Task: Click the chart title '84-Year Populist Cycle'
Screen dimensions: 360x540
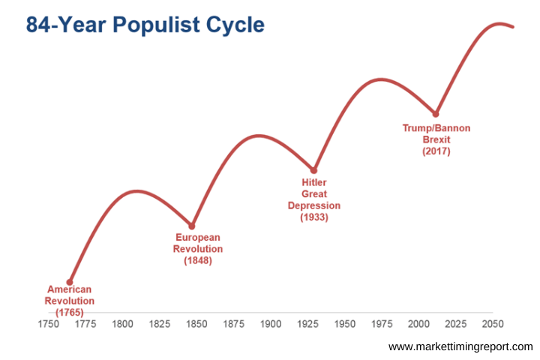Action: point(145,25)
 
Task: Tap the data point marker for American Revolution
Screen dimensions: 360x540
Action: point(70,282)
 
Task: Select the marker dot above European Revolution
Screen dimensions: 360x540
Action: point(192,226)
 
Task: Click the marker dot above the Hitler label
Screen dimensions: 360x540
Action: point(314,170)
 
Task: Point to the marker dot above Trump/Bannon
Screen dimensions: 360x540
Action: point(436,114)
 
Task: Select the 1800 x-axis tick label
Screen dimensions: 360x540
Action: point(122,325)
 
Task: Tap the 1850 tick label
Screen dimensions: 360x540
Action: point(196,325)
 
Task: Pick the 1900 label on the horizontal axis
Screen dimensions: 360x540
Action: point(271,325)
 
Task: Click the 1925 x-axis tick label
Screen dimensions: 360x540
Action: point(307,325)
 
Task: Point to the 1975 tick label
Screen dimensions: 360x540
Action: point(382,325)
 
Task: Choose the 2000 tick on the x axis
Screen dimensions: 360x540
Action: point(418,325)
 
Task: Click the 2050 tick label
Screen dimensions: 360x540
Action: point(492,325)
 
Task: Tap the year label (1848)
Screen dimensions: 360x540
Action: point(198,261)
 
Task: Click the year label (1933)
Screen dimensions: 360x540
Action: point(314,217)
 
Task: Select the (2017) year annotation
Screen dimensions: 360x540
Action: point(436,151)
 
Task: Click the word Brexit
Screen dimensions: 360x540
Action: point(436,139)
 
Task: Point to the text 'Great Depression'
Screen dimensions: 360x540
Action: point(314,199)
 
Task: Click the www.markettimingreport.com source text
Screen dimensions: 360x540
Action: point(460,346)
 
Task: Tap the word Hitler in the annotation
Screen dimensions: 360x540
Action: point(314,182)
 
